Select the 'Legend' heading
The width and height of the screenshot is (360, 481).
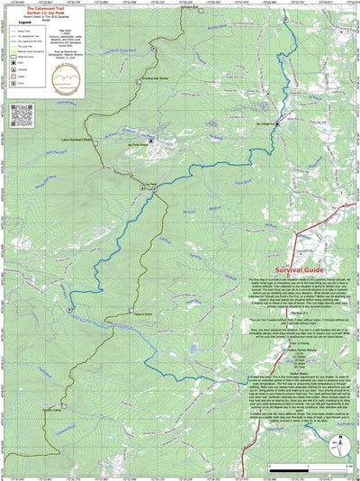tap(14, 24)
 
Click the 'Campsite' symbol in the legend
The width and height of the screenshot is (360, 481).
tap(20, 69)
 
